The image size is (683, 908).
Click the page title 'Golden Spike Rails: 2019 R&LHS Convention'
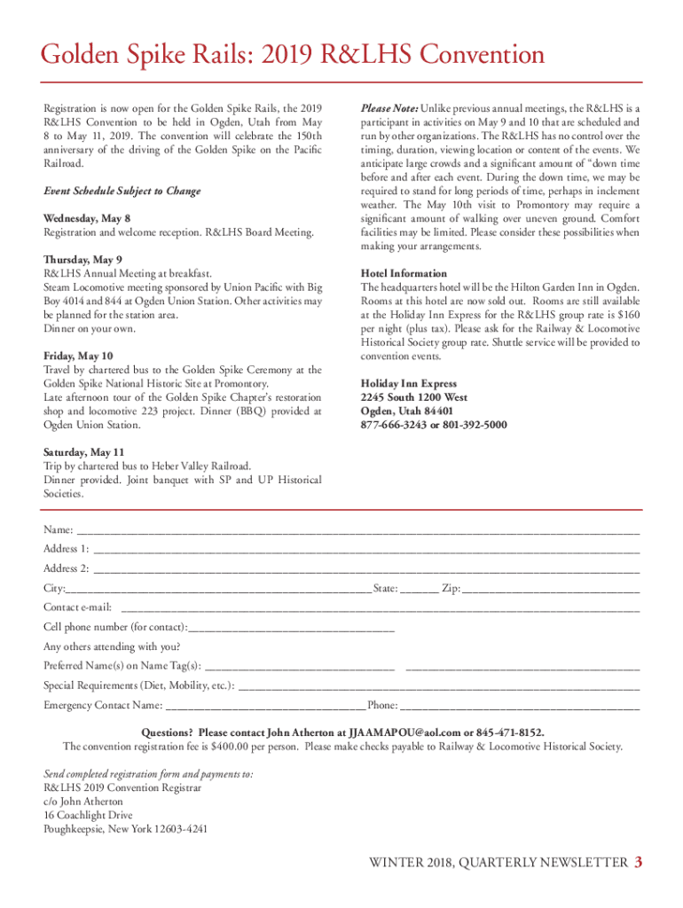[293, 56]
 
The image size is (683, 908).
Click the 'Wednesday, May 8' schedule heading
[87, 218]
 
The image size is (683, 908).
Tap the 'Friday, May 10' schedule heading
[78, 356]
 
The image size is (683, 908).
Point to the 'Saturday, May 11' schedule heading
[84, 451]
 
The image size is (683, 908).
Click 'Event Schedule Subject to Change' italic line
[122, 191]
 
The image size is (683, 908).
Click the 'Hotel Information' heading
[404, 273]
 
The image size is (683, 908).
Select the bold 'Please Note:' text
[389, 108]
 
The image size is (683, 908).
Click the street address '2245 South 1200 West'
[414, 397]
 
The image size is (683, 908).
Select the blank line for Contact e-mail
[380, 610]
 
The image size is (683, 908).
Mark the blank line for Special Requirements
[439, 688]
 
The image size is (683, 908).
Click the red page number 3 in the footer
[638, 864]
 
